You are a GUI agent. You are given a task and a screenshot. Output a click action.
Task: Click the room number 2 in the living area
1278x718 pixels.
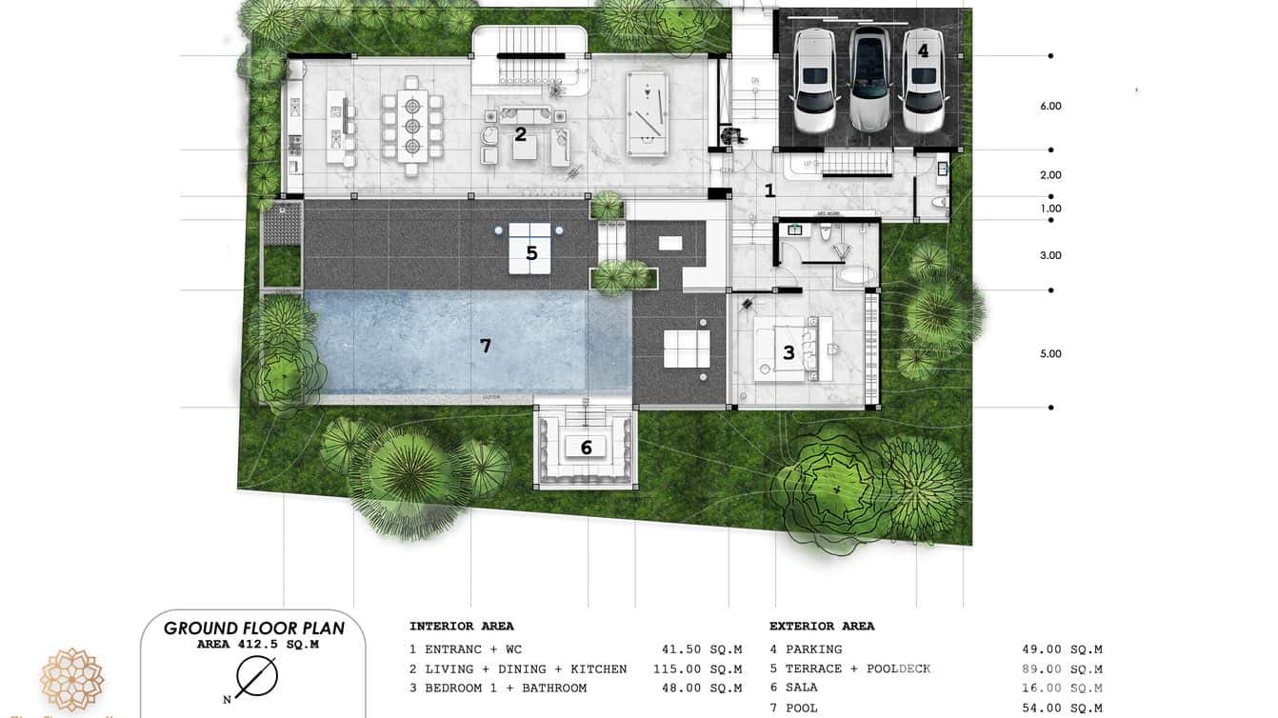click(x=520, y=134)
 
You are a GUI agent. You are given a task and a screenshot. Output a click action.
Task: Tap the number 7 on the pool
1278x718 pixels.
click(x=486, y=346)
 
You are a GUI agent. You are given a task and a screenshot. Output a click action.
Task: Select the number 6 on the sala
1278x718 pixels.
click(x=587, y=447)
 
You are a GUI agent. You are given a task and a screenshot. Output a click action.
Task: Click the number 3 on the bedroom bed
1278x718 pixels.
click(x=789, y=352)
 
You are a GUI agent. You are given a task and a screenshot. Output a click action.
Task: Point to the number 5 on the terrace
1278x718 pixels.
click(x=531, y=253)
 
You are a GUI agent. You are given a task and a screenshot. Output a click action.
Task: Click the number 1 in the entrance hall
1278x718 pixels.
click(x=769, y=190)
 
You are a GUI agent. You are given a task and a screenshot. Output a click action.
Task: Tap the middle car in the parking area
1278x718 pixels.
click(x=869, y=79)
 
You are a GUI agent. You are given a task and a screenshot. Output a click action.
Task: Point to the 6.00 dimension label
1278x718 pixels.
click(x=1050, y=106)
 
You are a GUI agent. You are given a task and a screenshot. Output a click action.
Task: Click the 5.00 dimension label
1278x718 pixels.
click(x=1050, y=353)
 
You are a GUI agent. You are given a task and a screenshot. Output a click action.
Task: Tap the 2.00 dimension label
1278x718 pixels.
click(x=1050, y=175)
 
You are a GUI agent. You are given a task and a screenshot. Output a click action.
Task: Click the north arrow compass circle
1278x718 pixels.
click(x=257, y=676)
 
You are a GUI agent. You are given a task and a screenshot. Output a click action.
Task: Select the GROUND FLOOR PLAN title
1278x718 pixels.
click(x=253, y=628)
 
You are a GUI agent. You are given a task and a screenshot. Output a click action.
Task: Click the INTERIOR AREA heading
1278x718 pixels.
click(x=461, y=626)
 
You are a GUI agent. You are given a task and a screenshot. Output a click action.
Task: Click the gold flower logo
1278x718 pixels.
click(x=71, y=679)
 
